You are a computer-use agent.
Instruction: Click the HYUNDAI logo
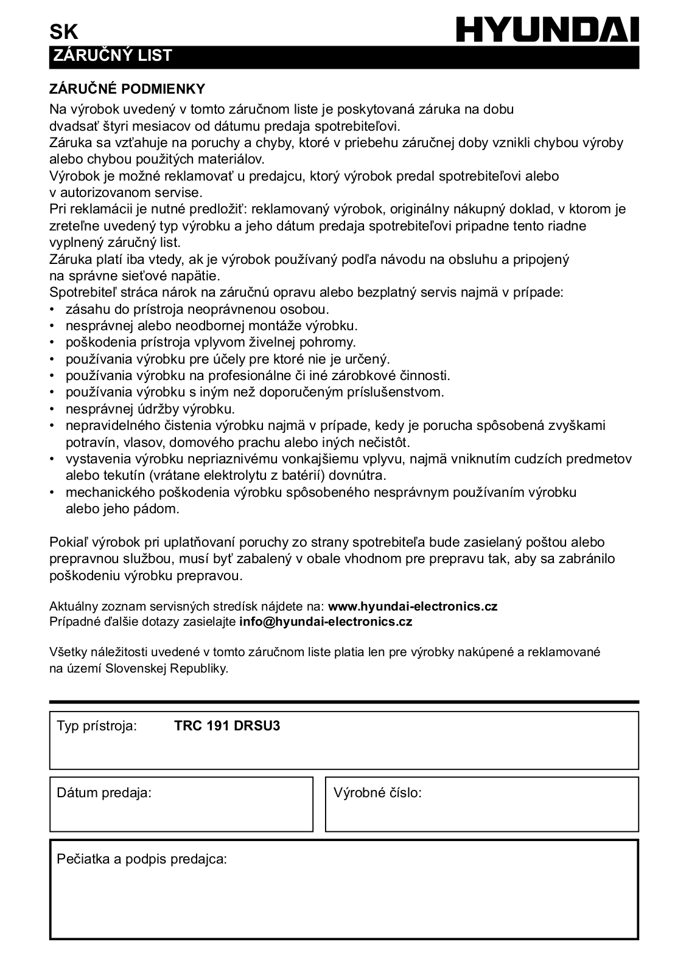tap(548, 29)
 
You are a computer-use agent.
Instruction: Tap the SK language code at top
tap(63, 32)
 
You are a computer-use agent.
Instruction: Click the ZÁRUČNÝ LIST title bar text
tap(113, 56)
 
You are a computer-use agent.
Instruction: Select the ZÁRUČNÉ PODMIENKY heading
tap(127, 89)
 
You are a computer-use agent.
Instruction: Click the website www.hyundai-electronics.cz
tap(413, 606)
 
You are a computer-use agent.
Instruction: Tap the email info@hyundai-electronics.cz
tap(326, 622)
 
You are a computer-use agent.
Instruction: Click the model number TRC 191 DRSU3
tap(227, 725)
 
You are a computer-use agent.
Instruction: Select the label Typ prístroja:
tap(97, 725)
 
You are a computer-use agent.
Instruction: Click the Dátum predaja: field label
tap(104, 792)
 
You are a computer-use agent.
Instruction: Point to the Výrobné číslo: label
tap(377, 792)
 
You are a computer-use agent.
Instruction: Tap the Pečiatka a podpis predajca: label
tap(142, 859)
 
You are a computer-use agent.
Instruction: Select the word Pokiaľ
tap(68, 542)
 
